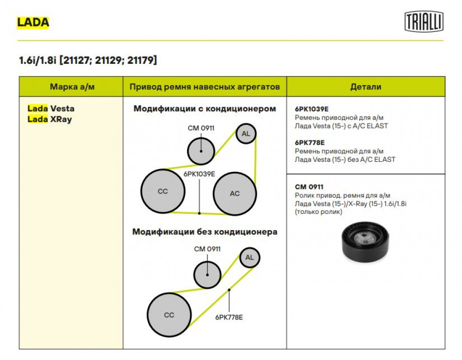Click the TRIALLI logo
(424, 21)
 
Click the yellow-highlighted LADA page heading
(33, 22)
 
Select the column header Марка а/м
(72, 87)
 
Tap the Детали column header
(365, 87)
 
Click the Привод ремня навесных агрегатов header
(205, 87)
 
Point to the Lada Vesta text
(51, 109)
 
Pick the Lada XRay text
(49, 119)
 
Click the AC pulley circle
(235, 194)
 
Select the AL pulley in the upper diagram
(246, 134)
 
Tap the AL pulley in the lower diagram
(249, 257)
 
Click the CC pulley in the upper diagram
(163, 191)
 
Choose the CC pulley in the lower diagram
(169, 315)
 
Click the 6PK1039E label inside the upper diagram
(199, 174)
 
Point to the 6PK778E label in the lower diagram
(229, 317)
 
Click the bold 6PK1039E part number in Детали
(312, 109)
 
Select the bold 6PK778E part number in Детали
(310, 143)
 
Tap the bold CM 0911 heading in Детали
(309, 187)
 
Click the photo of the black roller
(365, 242)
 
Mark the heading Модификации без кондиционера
(205, 232)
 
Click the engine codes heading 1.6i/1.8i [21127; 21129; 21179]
(88, 60)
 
